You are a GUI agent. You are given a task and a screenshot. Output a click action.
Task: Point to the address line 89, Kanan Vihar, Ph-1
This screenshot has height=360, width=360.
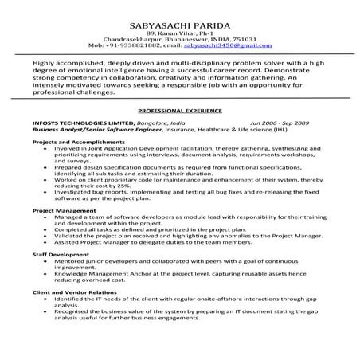pyautogui.click(x=179, y=31)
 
